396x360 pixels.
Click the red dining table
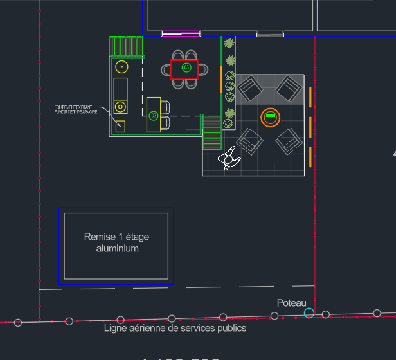pos(184,69)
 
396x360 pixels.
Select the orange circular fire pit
pos(271,117)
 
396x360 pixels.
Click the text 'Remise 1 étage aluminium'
pos(116,242)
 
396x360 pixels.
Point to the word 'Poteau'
pos(292,302)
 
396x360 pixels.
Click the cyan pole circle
pos(309,313)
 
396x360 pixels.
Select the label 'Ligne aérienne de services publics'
pos(175,328)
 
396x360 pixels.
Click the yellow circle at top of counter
pos(122,66)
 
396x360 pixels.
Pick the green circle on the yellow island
pos(153,115)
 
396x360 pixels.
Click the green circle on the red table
pos(186,67)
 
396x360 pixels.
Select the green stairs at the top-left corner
pos(125,46)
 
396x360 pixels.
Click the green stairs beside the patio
pos(212,132)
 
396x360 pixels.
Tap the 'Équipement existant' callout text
pos(76,109)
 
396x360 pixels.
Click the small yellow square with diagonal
pos(120,126)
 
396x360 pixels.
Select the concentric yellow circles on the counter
pos(120,107)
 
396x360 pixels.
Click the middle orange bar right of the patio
pos(310,127)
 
